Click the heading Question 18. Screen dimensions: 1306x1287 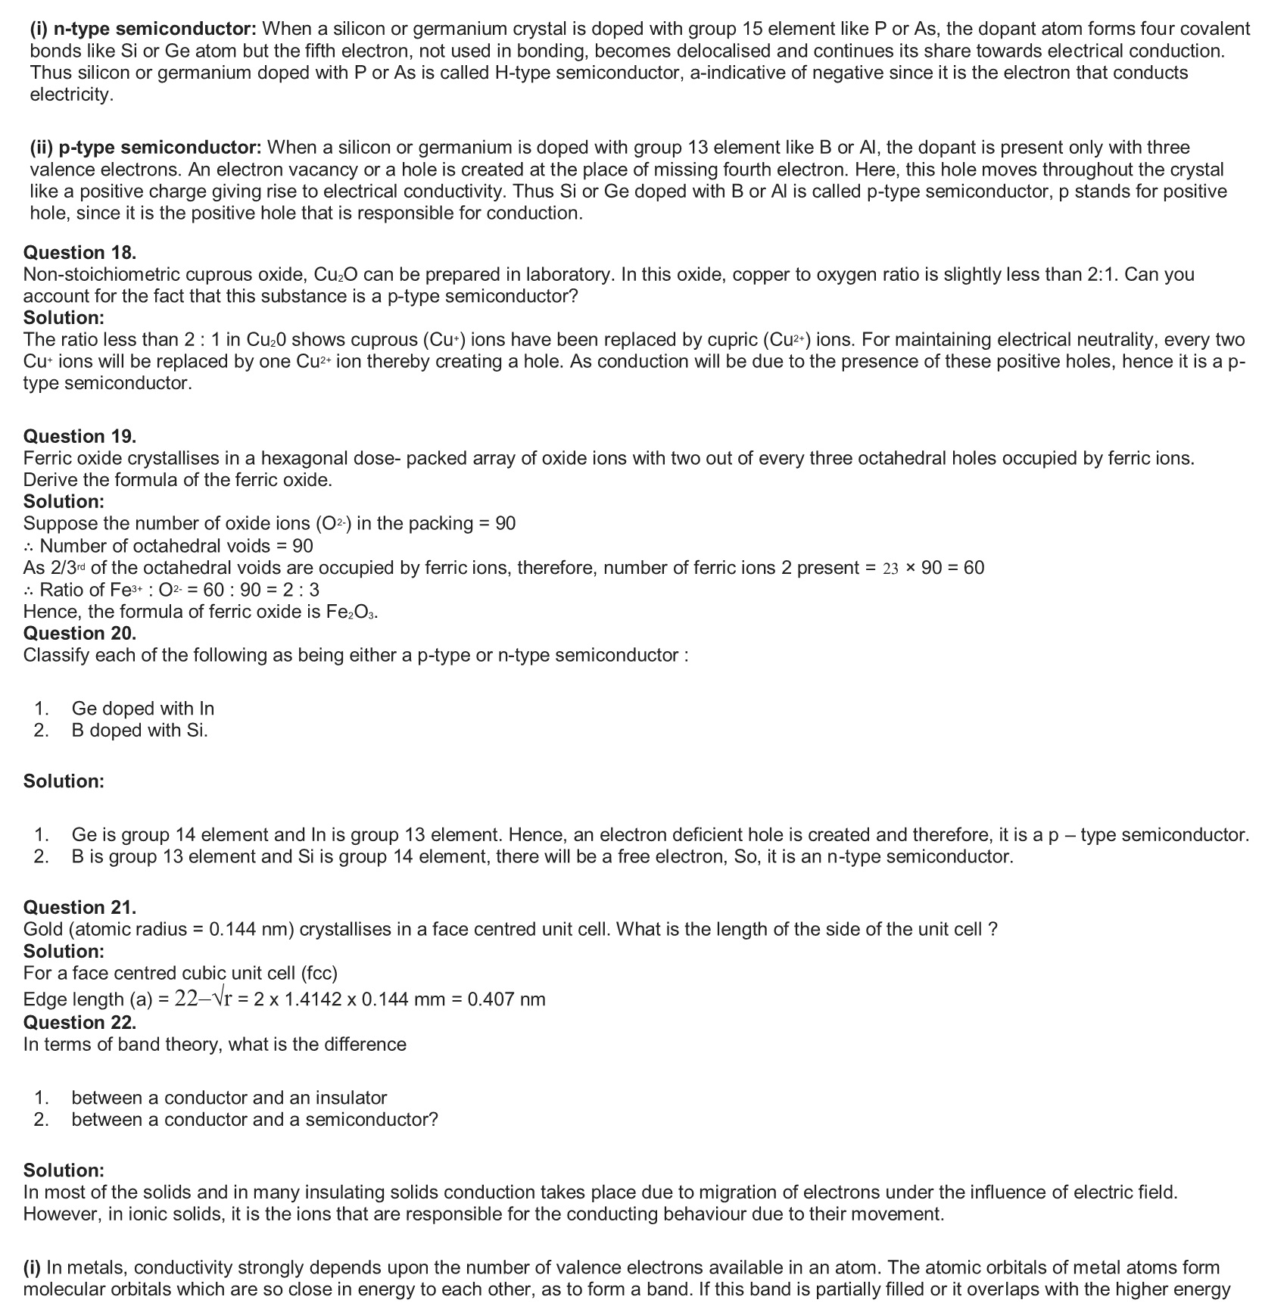[79, 253]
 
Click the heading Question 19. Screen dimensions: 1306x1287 [79, 436]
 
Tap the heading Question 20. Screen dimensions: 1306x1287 [79, 633]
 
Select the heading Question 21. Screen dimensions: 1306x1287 [79, 907]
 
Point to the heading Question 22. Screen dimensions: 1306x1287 [79, 1022]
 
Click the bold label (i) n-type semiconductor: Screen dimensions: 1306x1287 [143, 30]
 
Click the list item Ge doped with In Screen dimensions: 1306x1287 [142, 709]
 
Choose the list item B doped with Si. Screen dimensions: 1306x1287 [139, 730]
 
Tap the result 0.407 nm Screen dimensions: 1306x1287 [506, 999]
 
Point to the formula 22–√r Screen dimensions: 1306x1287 [204, 999]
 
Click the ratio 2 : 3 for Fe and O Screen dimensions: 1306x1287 [299, 590]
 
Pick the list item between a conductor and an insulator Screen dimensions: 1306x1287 [229, 1098]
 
